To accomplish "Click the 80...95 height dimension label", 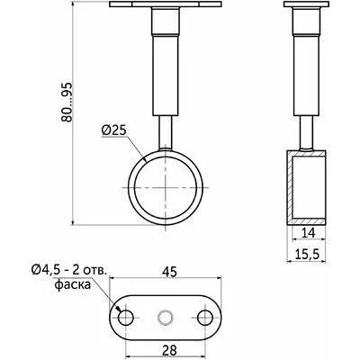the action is (67, 102).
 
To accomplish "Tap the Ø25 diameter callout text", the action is (114, 130).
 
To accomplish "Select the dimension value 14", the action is (308, 233).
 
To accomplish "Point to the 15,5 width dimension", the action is (306, 255).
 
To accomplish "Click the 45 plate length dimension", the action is (169, 272).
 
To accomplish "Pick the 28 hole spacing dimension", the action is (169, 350).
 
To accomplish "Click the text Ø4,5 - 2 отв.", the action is (68, 270).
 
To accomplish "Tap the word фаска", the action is (73, 284).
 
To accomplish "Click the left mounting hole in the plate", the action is (126, 318).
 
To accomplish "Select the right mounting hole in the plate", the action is (205, 318).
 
